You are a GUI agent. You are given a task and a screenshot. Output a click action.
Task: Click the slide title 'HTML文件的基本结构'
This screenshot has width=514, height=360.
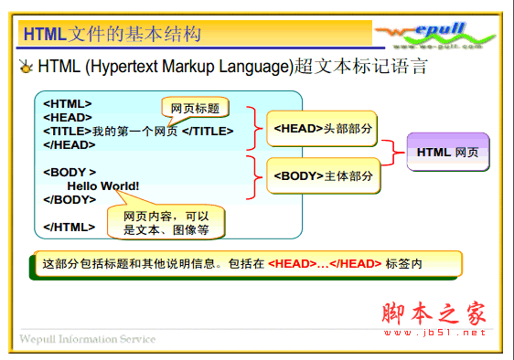111,35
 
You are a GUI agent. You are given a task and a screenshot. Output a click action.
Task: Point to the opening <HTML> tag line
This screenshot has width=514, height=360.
68,104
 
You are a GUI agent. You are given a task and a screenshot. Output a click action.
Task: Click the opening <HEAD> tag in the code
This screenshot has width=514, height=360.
68,117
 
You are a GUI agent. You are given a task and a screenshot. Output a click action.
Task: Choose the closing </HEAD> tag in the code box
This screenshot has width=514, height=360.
70,144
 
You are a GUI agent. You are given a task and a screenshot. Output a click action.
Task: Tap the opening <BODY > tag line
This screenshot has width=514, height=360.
70,172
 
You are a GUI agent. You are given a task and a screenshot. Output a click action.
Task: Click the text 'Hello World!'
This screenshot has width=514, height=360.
103,185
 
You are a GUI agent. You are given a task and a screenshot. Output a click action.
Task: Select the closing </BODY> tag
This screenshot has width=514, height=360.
70,199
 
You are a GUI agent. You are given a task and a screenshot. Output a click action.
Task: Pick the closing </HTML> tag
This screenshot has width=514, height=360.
69,227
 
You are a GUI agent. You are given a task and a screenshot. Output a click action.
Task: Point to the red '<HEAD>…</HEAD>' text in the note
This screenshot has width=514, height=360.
325,264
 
